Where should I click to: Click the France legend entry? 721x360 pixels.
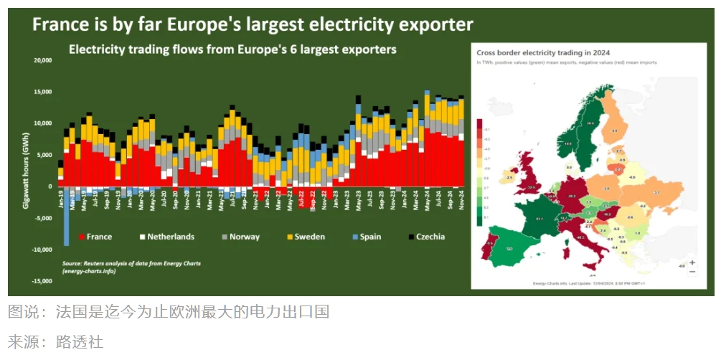tap(97, 237)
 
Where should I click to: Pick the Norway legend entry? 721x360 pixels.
tap(240, 237)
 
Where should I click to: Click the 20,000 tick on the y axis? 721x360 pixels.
tap(43, 61)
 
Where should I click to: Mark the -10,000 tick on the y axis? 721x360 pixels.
tap(42, 250)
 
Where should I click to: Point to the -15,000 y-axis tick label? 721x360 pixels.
tap(42, 281)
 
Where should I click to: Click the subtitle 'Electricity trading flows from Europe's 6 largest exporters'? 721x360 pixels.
tap(232, 50)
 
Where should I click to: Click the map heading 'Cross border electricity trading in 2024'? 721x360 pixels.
tap(532, 52)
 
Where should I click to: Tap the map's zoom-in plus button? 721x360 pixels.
tap(692, 262)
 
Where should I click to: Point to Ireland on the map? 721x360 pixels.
tap(509, 176)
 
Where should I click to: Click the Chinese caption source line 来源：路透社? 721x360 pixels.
tap(56, 341)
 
